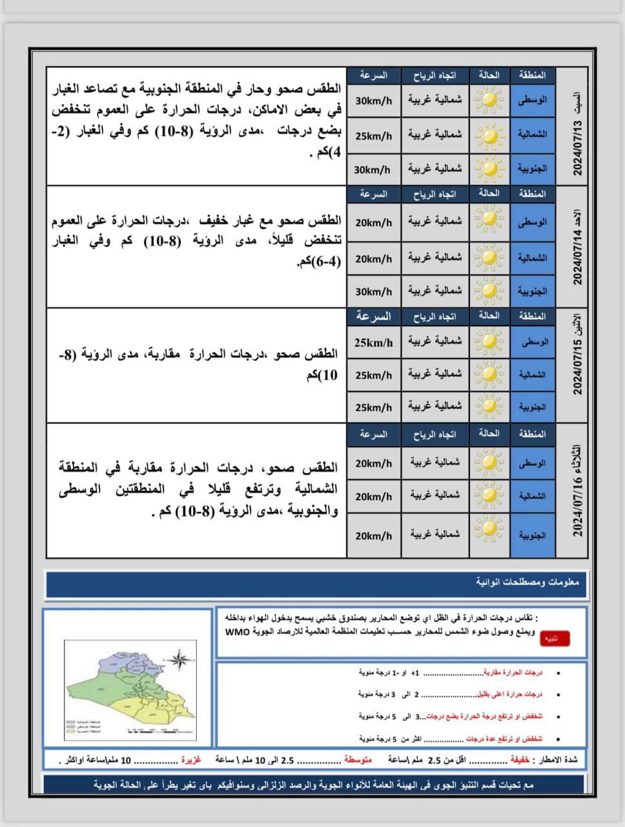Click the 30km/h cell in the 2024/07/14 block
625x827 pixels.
coord(373,291)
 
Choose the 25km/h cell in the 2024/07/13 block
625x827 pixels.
coord(373,136)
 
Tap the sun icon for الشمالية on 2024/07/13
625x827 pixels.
coord(489,136)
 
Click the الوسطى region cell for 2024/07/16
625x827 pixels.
coord(532,463)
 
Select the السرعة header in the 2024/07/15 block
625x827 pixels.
coord(373,317)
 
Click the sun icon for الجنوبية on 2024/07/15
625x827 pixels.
coord(489,407)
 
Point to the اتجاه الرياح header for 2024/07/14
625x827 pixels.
coord(435,194)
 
